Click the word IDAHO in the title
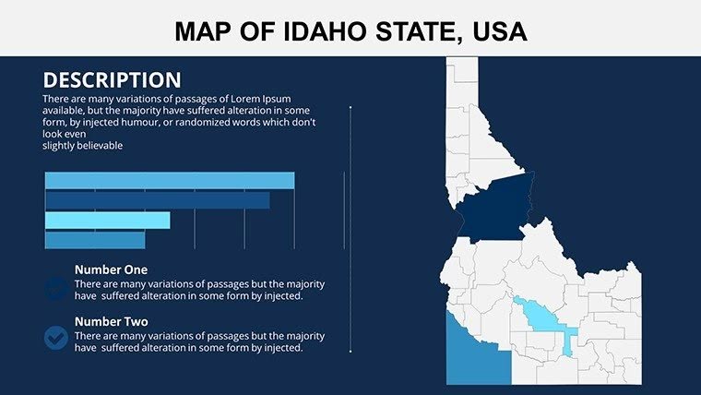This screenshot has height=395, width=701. coord(299,32)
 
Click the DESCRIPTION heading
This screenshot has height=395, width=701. coord(112,79)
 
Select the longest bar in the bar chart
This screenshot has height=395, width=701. coord(169,180)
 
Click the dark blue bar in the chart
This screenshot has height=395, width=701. coord(157,200)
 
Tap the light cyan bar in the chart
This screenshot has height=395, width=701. coord(107,220)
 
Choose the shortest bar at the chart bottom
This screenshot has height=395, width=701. coord(94,240)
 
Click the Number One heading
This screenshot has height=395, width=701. coord(111,269)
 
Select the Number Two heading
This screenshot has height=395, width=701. coord(111,321)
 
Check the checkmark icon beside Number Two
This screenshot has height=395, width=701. coord(56,338)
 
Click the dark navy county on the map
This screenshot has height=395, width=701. coord(493,209)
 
